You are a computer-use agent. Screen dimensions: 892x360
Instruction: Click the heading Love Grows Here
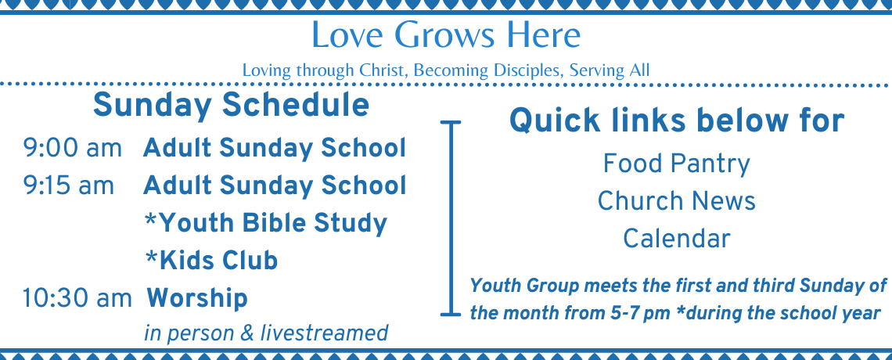point(446,34)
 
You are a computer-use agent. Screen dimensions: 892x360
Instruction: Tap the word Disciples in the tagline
point(527,70)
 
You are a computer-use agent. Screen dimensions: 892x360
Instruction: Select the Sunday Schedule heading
point(231,106)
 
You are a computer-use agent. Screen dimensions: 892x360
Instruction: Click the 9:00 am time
point(72,149)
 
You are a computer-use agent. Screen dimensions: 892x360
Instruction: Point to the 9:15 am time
point(68,186)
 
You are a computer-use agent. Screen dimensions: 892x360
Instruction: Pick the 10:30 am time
point(77,299)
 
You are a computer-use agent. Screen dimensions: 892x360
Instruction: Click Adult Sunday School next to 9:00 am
point(275,149)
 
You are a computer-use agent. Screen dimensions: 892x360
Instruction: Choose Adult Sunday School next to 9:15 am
point(275,186)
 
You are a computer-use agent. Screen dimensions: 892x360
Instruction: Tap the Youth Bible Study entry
point(266,224)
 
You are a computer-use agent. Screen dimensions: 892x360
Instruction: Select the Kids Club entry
point(211,261)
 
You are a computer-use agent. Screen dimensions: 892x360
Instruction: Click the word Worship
point(197,299)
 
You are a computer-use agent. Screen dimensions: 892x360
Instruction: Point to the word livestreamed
point(324,333)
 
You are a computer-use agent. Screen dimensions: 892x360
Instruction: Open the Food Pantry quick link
point(676,164)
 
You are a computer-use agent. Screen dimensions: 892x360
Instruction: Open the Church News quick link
point(676,201)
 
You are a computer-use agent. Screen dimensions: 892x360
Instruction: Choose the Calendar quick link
point(676,238)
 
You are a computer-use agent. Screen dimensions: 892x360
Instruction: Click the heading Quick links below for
point(676,121)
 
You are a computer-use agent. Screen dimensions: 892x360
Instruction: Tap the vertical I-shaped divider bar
point(451,218)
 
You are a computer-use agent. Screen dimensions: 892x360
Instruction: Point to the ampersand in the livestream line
point(246,333)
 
